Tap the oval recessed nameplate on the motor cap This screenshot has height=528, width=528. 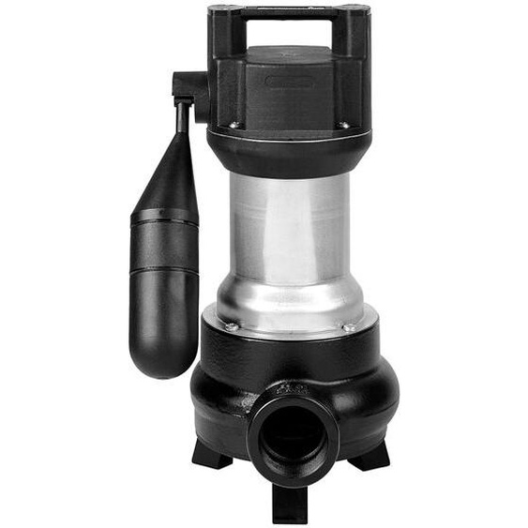289,83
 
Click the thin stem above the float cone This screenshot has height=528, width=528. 180,117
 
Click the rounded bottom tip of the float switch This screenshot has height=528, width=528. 165,361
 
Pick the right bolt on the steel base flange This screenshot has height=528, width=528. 348,327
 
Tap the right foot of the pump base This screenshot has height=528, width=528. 370,456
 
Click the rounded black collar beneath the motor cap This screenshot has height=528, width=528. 289,151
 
